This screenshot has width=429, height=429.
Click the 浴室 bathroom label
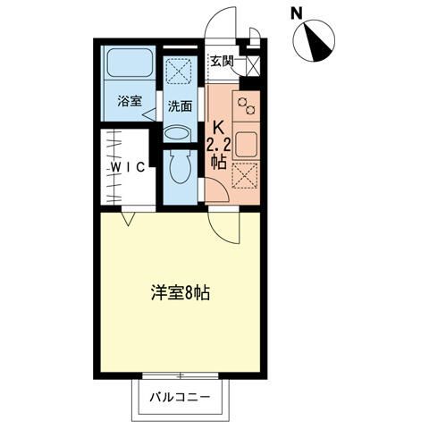130,101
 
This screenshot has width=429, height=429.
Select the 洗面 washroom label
180,105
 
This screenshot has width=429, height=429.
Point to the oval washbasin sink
179,133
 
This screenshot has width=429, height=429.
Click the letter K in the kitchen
217,127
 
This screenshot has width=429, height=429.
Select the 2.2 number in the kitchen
218,144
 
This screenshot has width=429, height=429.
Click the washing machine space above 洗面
180,70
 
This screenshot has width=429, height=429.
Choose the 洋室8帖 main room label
179,292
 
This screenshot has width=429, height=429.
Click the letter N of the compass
297,13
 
